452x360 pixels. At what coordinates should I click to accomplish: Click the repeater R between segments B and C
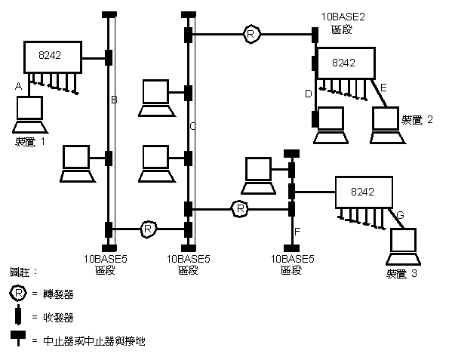[x=149, y=226]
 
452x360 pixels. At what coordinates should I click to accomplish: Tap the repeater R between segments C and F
[x=239, y=208]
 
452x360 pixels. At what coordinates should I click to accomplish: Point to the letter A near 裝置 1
[x=17, y=87]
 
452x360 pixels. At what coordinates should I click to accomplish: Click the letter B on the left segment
[x=115, y=100]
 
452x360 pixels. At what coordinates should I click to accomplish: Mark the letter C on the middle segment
[x=193, y=126]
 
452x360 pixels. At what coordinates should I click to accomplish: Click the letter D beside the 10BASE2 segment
[x=308, y=94]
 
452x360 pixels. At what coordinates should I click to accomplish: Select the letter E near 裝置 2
[x=383, y=89]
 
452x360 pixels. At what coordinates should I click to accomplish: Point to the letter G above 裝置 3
[x=400, y=216]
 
